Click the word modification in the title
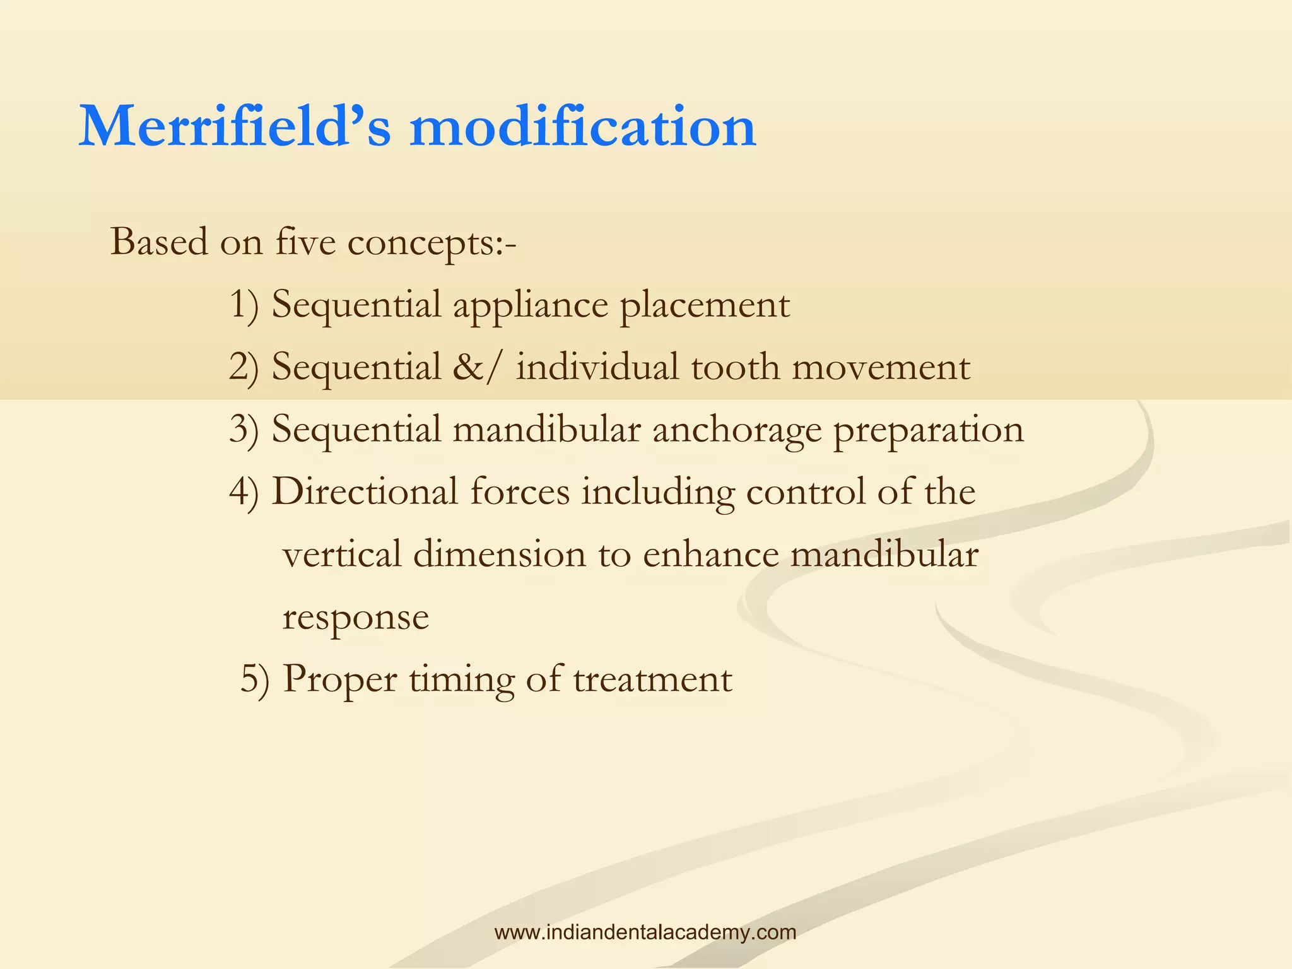pos(582,127)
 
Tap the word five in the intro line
pos(305,242)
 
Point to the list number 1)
pos(244,304)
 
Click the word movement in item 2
pos(881,367)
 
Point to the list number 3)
pos(244,429)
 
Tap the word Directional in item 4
pos(365,491)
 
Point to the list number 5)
pos(254,679)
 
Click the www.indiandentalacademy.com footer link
pos(645,932)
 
